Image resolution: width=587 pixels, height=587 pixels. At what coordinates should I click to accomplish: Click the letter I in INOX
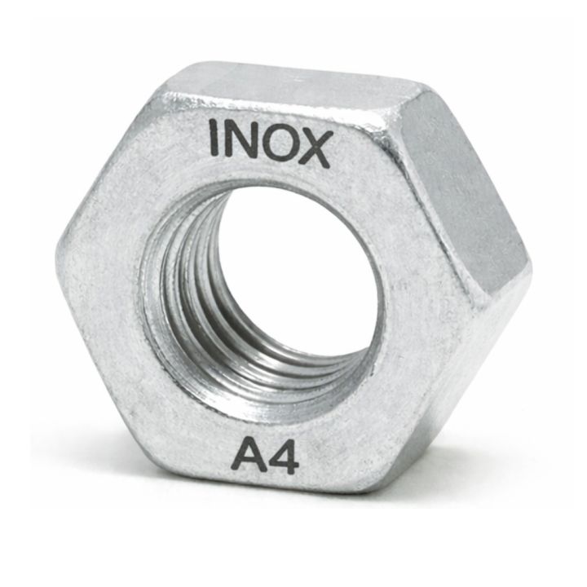coord(214,137)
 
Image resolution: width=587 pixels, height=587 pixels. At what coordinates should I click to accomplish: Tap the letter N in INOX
coord(241,139)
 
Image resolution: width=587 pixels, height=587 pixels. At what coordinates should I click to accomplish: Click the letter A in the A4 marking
coord(248,455)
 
